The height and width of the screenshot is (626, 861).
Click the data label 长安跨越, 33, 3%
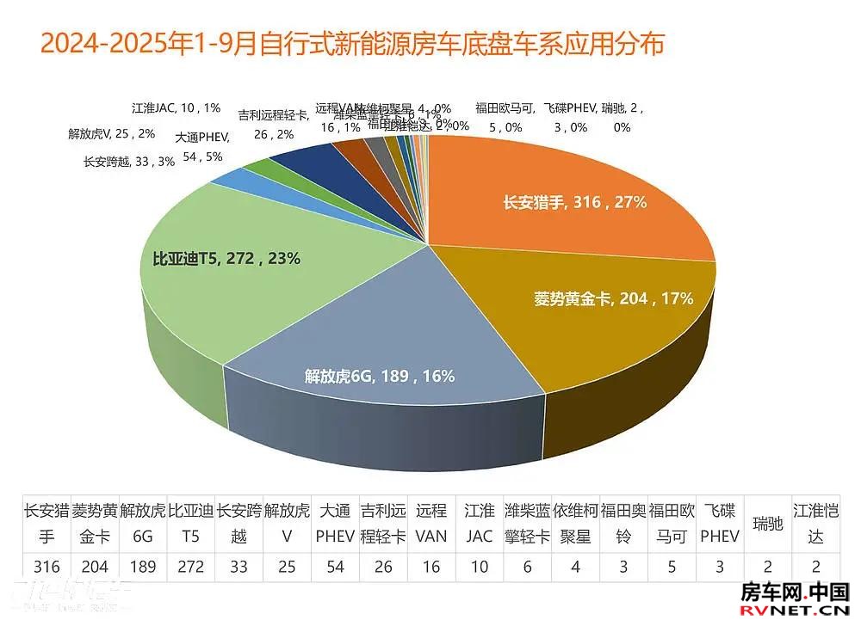coord(129,161)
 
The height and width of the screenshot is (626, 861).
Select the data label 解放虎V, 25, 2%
coord(112,133)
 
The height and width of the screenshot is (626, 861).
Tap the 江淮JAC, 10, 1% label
coord(177,108)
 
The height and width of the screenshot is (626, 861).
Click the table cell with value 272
coord(189,567)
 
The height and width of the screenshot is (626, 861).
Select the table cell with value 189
coord(142,567)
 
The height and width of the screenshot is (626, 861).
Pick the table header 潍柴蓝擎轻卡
coord(526,523)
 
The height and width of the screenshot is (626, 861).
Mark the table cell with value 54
coord(334,567)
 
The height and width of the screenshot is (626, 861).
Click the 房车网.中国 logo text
coord(795,592)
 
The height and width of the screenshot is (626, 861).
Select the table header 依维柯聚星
coord(574,523)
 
